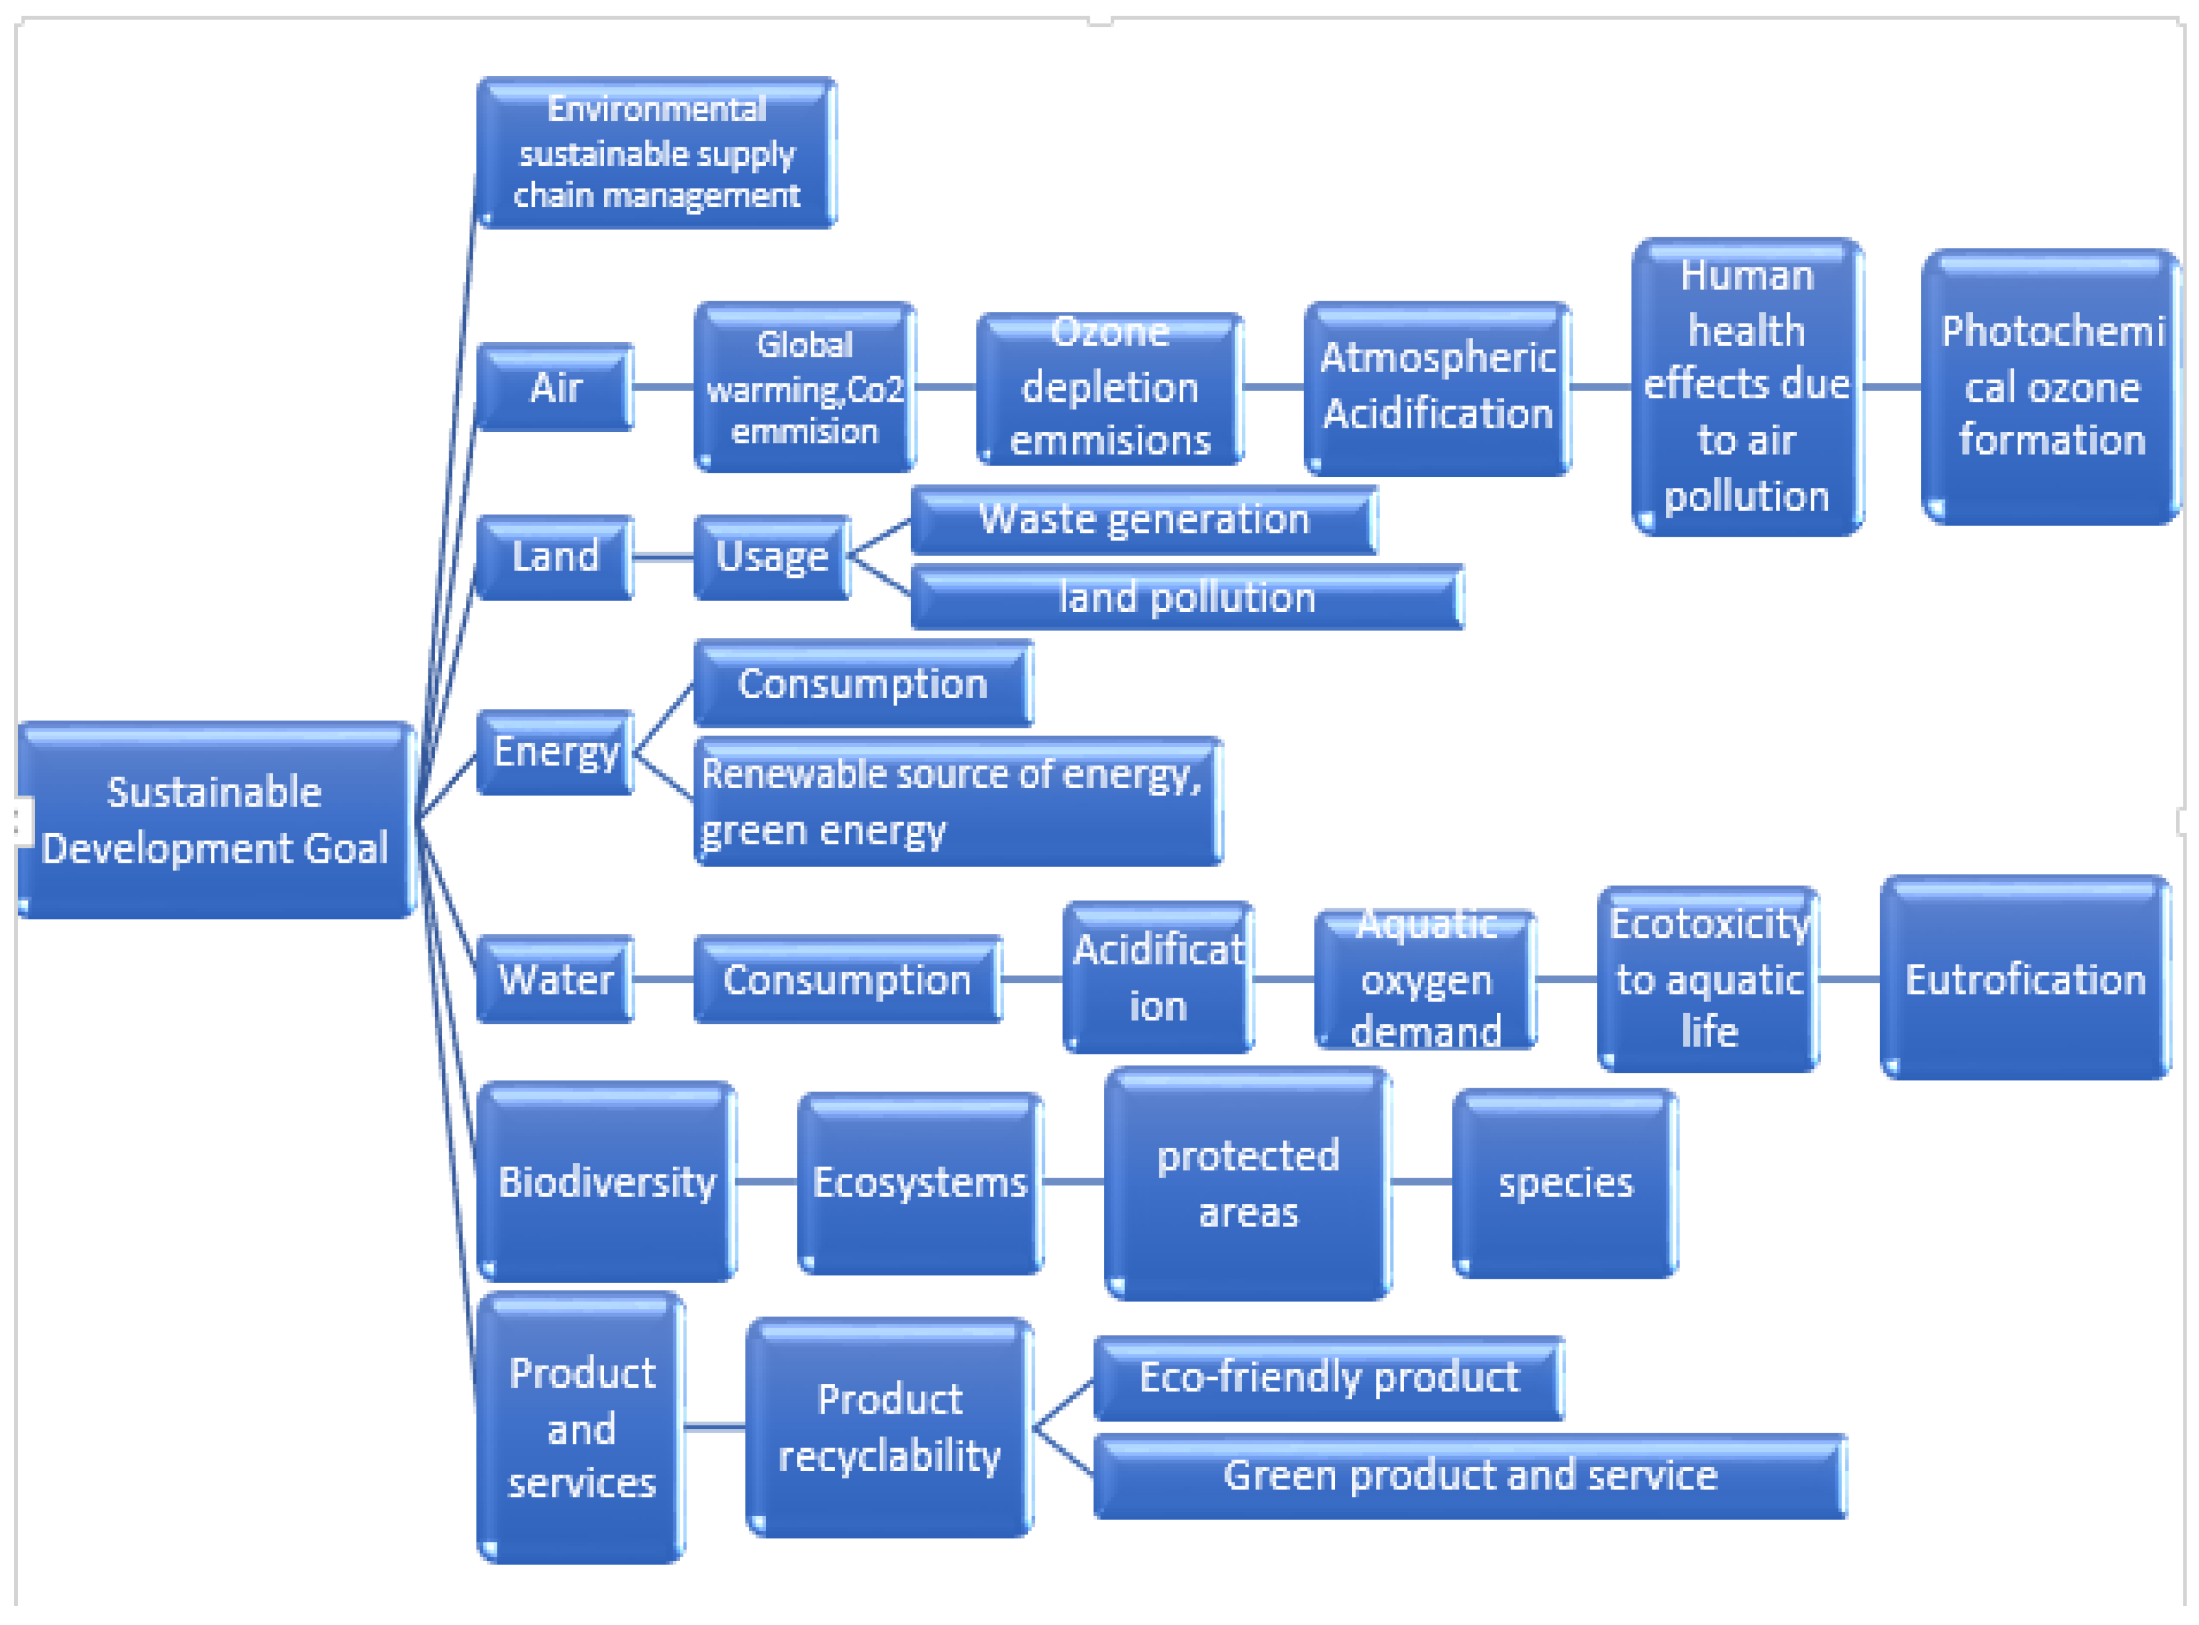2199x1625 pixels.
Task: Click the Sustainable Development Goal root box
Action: (214, 820)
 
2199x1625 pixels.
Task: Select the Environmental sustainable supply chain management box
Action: (656, 152)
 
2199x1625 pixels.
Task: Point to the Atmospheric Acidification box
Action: (1437, 386)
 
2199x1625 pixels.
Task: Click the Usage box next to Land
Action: (772, 556)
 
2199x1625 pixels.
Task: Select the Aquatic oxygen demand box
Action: (1425, 980)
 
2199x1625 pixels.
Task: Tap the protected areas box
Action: (1247, 1183)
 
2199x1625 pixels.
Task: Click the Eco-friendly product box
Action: (1328, 1377)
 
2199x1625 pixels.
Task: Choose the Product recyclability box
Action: (889, 1427)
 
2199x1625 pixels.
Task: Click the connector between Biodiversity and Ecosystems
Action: (767, 1181)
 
